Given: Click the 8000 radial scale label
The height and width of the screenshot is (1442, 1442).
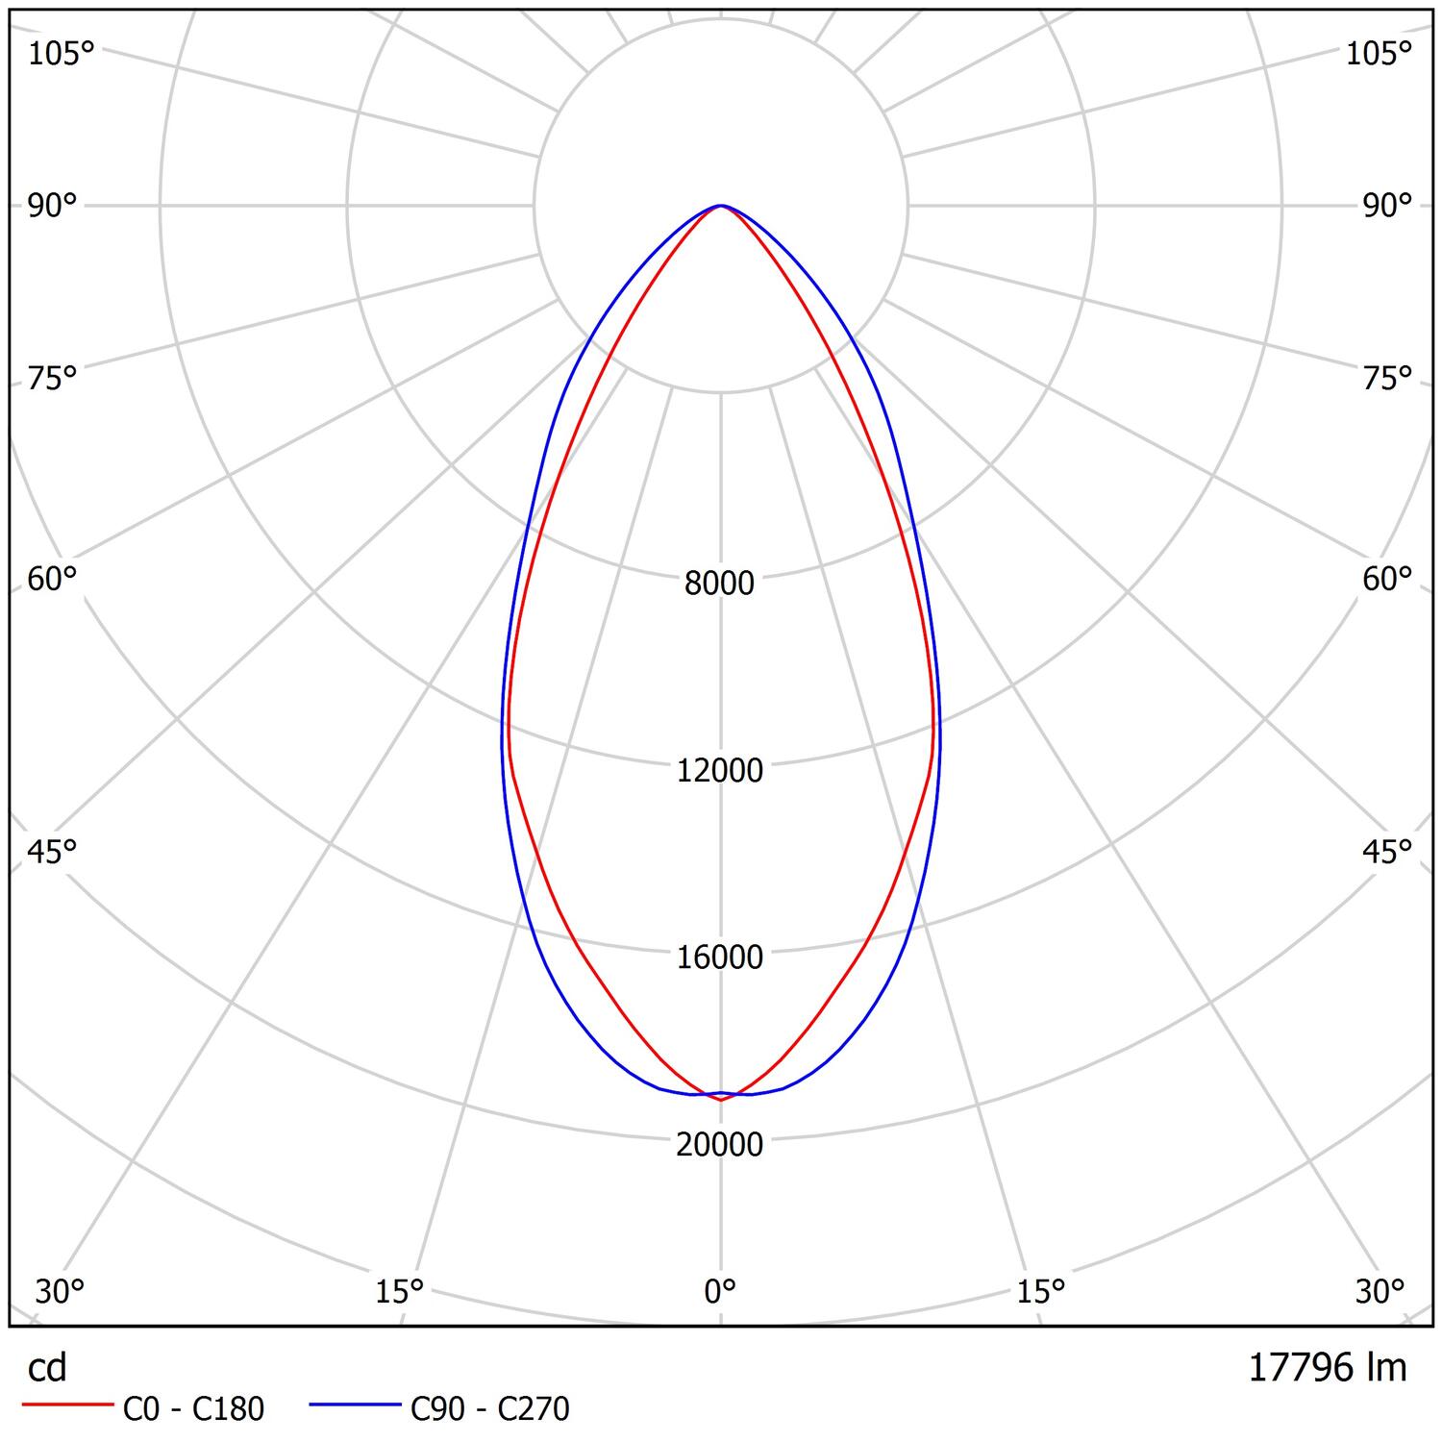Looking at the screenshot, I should click(x=719, y=583).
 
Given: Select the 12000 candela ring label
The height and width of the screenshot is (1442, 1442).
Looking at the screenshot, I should click(x=719, y=770).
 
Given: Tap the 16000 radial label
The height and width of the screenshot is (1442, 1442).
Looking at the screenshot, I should click(x=719, y=957).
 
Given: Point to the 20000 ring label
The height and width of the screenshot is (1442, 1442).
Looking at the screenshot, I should click(x=719, y=1144).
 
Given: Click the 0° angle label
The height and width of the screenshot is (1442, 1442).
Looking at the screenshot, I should click(x=719, y=1291).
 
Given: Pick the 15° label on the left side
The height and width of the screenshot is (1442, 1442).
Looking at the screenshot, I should click(x=400, y=1291).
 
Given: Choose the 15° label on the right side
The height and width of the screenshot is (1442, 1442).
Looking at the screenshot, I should click(x=1041, y=1291).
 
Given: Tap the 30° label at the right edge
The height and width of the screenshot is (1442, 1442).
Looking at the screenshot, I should click(x=1380, y=1291).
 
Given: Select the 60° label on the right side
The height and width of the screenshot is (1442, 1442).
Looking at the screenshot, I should click(x=1387, y=579).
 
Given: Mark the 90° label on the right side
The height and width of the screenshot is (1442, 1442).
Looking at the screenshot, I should click(x=1387, y=206).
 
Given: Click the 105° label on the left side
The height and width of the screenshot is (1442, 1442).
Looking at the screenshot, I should click(x=61, y=54).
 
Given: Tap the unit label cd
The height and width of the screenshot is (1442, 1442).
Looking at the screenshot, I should click(x=47, y=1367).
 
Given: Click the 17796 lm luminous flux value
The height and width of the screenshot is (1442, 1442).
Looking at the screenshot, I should click(x=1327, y=1367).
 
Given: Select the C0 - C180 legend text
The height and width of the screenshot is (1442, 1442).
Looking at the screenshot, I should click(x=193, y=1409).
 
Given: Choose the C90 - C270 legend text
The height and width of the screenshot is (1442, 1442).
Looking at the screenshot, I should click(x=489, y=1409).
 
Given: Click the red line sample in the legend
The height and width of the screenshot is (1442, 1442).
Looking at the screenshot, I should click(x=66, y=1406).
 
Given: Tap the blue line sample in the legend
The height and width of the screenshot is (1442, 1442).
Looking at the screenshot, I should click(x=355, y=1406).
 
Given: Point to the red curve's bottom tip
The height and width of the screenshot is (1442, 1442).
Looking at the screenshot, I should click(x=721, y=1100).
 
